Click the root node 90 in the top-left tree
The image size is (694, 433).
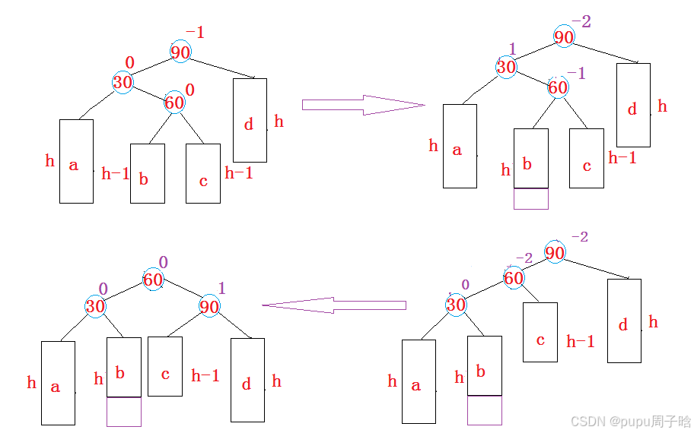pyautogui.click(x=180, y=52)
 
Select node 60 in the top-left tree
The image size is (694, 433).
pyautogui.click(x=174, y=102)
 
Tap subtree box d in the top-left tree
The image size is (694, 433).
pyautogui.click(x=250, y=120)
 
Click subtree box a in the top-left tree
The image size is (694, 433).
pyautogui.click(x=76, y=161)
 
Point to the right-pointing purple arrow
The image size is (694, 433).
pyautogui.click(x=362, y=105)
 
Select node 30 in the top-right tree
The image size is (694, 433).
pyautogui.click(x=506, y=67)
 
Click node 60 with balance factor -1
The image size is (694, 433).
pyautogui.click(x=558, y=87)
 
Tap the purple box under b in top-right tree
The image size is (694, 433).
pyautogui.click(x=530, y=198)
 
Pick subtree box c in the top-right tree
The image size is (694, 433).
pyautogui.click(x=586, y=158)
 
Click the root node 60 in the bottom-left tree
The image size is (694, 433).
pyautogui.click(x=153, y=280)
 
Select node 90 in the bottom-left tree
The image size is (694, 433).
pyautogui.click(x=209, y=307)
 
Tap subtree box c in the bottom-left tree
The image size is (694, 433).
pyautogui.click(x=164, y=366)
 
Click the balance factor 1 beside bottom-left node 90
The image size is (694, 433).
pyautogui.click(x=222, y=288)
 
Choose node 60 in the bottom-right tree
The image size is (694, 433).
pyautogui.click(x=514, y=278)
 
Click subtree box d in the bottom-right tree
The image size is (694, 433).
pyautogui.click(x=624, y=321)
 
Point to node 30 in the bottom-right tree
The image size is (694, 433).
pyautogui.click(x=456, y=305)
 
